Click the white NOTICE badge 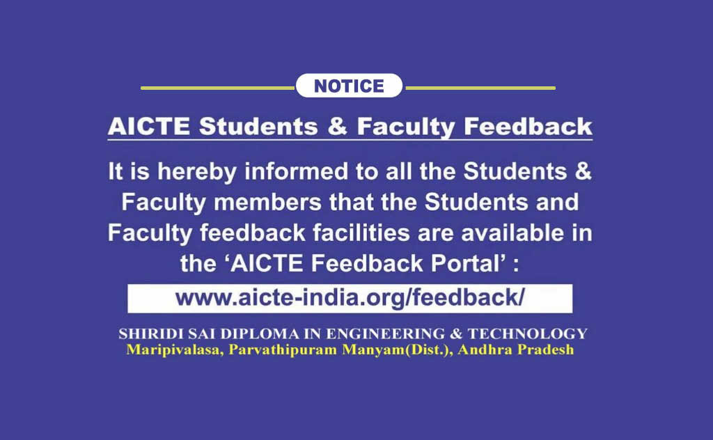point(350,86)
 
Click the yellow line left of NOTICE point(218,88)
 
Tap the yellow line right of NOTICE point(480,88)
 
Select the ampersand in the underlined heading point(337,127)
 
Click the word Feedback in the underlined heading point(528,127)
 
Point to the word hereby point(197,172)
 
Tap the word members point(267,202)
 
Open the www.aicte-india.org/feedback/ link point(350,298)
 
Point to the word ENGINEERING point(386,333)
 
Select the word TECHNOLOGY point(528,333)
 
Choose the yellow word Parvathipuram point(283,350)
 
